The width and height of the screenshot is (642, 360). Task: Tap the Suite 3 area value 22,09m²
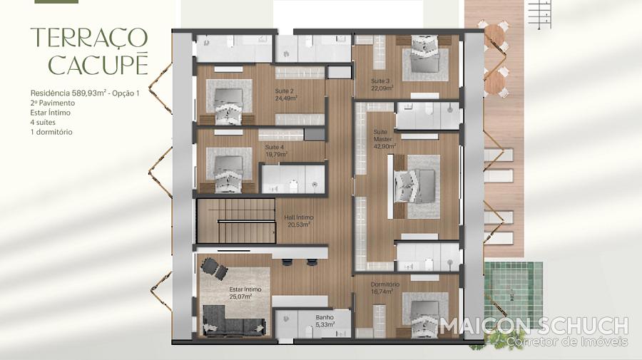click(382, 88)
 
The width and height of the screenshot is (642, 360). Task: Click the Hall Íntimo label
click(299, 221)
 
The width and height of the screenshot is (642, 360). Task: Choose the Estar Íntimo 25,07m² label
click(245, 292)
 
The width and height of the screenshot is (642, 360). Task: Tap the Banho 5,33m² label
click(325, 321)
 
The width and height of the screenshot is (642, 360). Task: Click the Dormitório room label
click(385, 284)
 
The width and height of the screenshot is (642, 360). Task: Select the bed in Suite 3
click(424, 54)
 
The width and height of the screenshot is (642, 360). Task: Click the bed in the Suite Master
click(414, 186)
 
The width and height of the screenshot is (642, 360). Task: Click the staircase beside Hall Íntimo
click(235, 221)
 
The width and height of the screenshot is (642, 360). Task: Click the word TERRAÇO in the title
click(89, 37)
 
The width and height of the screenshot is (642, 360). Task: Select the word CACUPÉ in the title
click(98, 64)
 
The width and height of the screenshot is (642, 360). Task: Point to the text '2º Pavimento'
click(52, 103)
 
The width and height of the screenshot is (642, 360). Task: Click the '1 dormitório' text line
click(51, 132)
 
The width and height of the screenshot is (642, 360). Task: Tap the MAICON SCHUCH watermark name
click(534, 326)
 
